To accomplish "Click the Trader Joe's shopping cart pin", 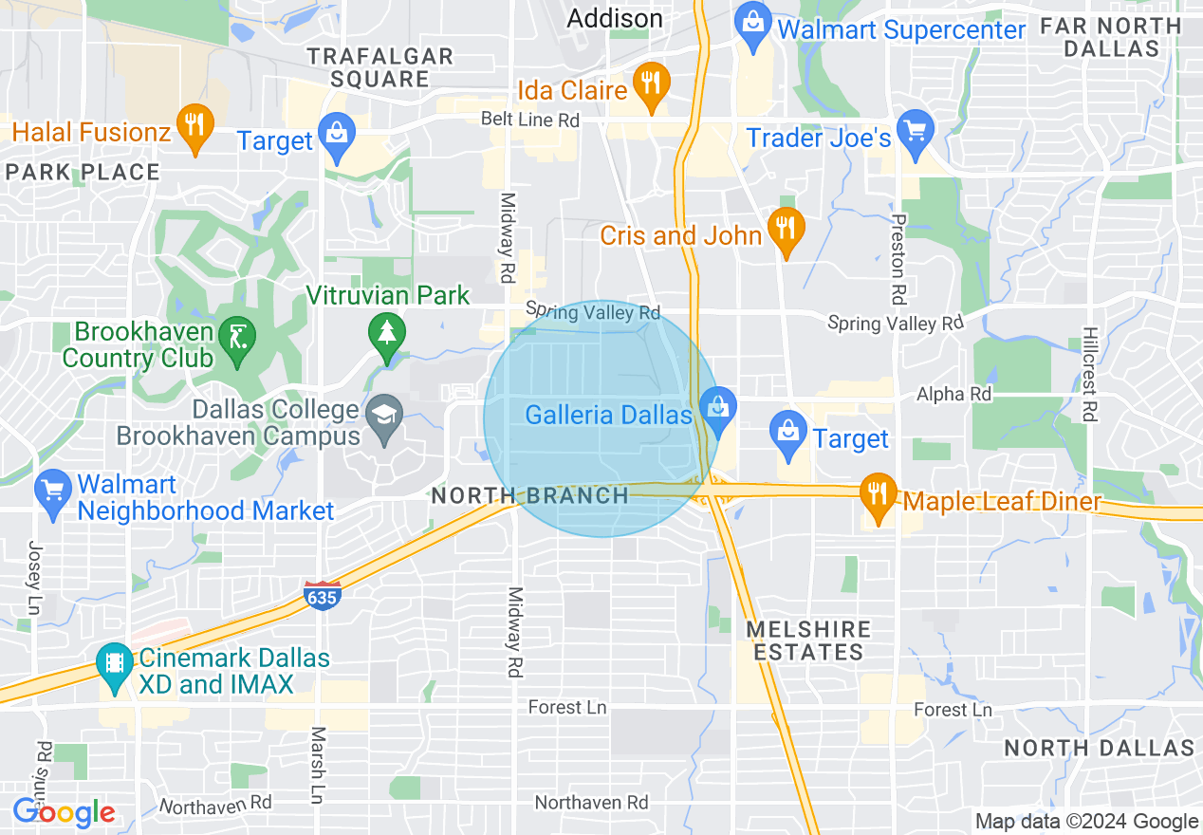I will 916,133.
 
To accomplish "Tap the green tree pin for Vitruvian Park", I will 386,334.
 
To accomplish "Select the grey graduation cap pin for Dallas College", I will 384,418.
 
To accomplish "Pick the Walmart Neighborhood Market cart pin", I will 53,492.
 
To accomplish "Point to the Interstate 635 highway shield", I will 323,596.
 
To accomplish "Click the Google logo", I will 64,812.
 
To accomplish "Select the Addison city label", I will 615,18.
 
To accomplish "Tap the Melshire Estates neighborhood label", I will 808,640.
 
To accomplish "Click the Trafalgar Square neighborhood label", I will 380,67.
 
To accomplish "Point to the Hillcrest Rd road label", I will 1090,375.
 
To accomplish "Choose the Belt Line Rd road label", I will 530,120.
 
